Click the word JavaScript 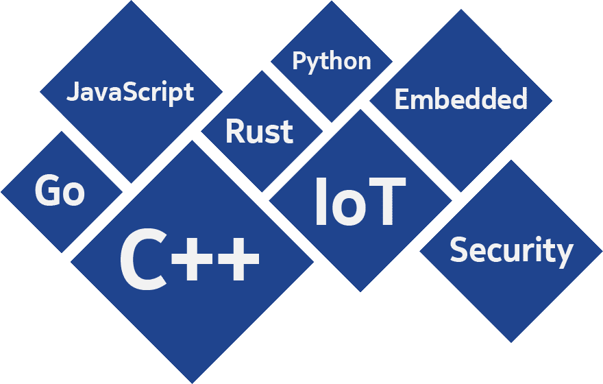pos(130,91)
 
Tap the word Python pos(332,62)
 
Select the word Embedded pos(461,99)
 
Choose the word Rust pos(259,131)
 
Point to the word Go pos(60,191)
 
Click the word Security pos(511,251)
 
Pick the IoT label pos(360,202)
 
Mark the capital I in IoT pos(320,202)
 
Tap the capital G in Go pos(47,191)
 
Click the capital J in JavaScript pos(71,91)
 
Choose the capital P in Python pos(299,60)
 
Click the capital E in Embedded pos(402,99)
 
